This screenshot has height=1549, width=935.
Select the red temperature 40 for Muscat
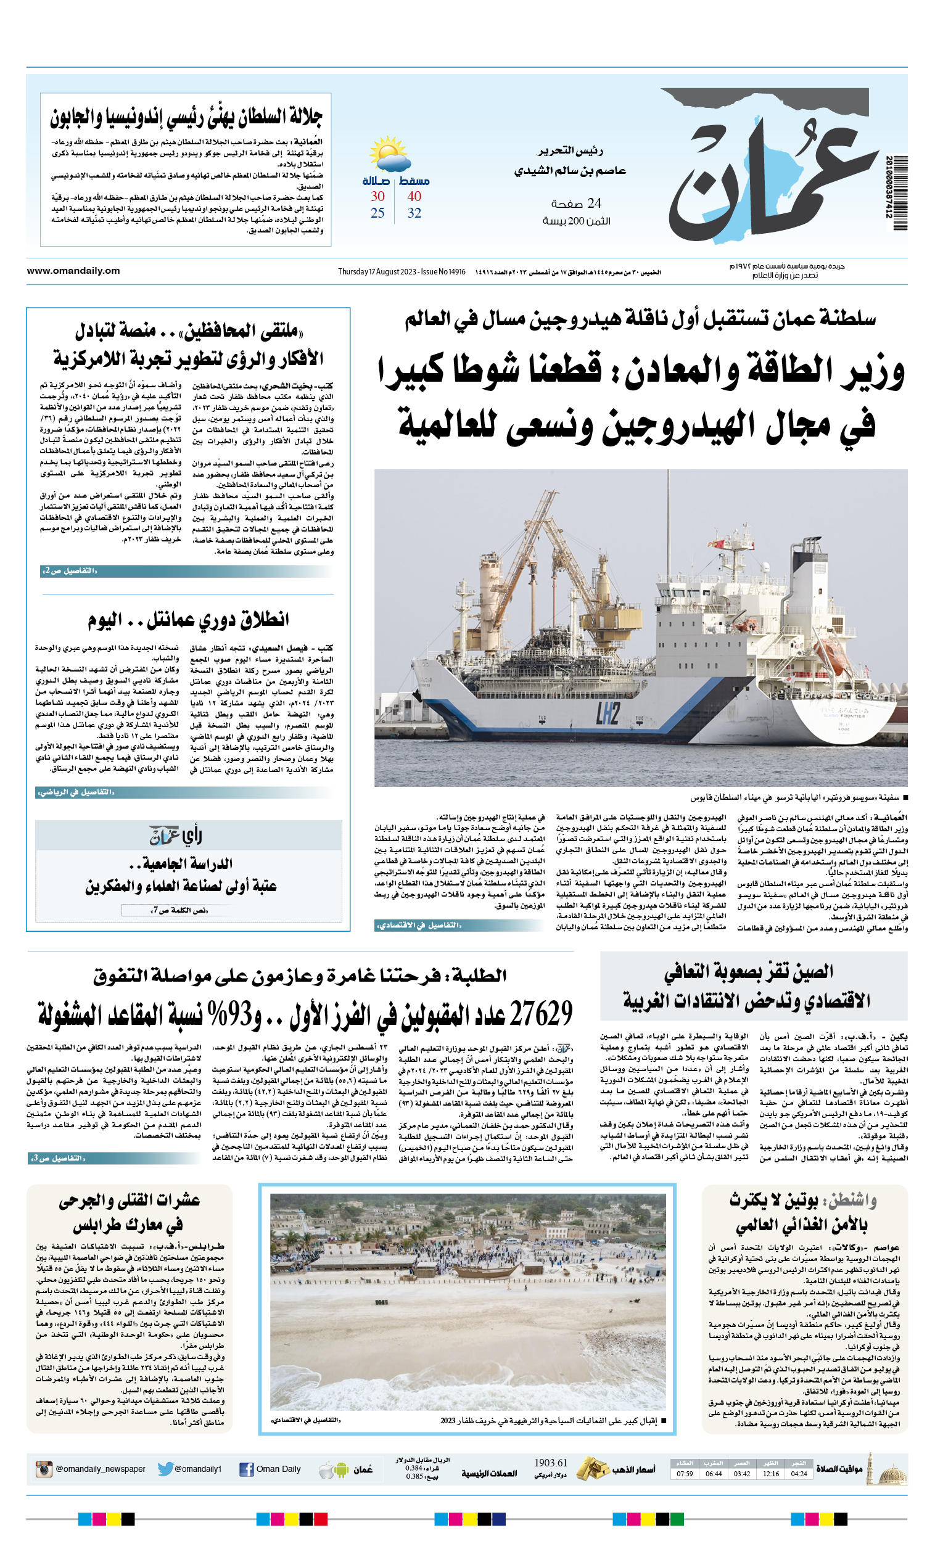point(414,196)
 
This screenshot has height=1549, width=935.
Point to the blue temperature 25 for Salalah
point(377,213)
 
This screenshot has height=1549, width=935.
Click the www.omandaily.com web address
point(73,271)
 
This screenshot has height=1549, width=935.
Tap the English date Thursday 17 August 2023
point(377,271)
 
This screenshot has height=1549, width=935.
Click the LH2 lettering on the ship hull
point(608,713)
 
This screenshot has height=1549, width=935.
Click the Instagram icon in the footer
point(43,1469)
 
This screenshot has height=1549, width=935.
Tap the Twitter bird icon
point(165,1469)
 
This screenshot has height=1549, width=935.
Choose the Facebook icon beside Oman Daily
point(247,1469)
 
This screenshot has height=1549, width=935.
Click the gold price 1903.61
point(550,1463)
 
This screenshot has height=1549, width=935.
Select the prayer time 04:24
point(799,1474)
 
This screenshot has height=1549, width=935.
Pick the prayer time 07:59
point(685,1474)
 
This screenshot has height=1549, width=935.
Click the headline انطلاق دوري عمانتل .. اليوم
point(188,620)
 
